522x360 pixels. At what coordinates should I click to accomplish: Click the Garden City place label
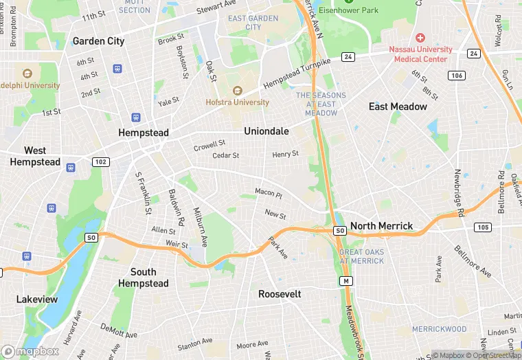(98, 41)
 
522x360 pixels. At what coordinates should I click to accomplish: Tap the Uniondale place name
(266, 131)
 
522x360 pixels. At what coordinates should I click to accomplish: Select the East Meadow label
(398, 106)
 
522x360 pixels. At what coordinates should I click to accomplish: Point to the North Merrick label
(382, 226)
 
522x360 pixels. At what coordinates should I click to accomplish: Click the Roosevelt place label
(280, 293)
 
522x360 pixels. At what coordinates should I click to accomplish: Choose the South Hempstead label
(143, 278)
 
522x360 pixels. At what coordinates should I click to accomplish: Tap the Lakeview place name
(37, 300)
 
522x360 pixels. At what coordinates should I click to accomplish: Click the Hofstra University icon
(238, 91)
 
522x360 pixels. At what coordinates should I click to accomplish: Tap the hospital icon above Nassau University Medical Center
(420, 37)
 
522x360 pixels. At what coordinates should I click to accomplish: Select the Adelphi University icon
(27, 74)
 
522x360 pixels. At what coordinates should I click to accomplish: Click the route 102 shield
(101, 161)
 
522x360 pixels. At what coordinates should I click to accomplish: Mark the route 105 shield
(483, 227)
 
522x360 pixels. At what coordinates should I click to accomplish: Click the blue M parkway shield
(348, 281)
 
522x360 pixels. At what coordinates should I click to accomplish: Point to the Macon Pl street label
(268, 193)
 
